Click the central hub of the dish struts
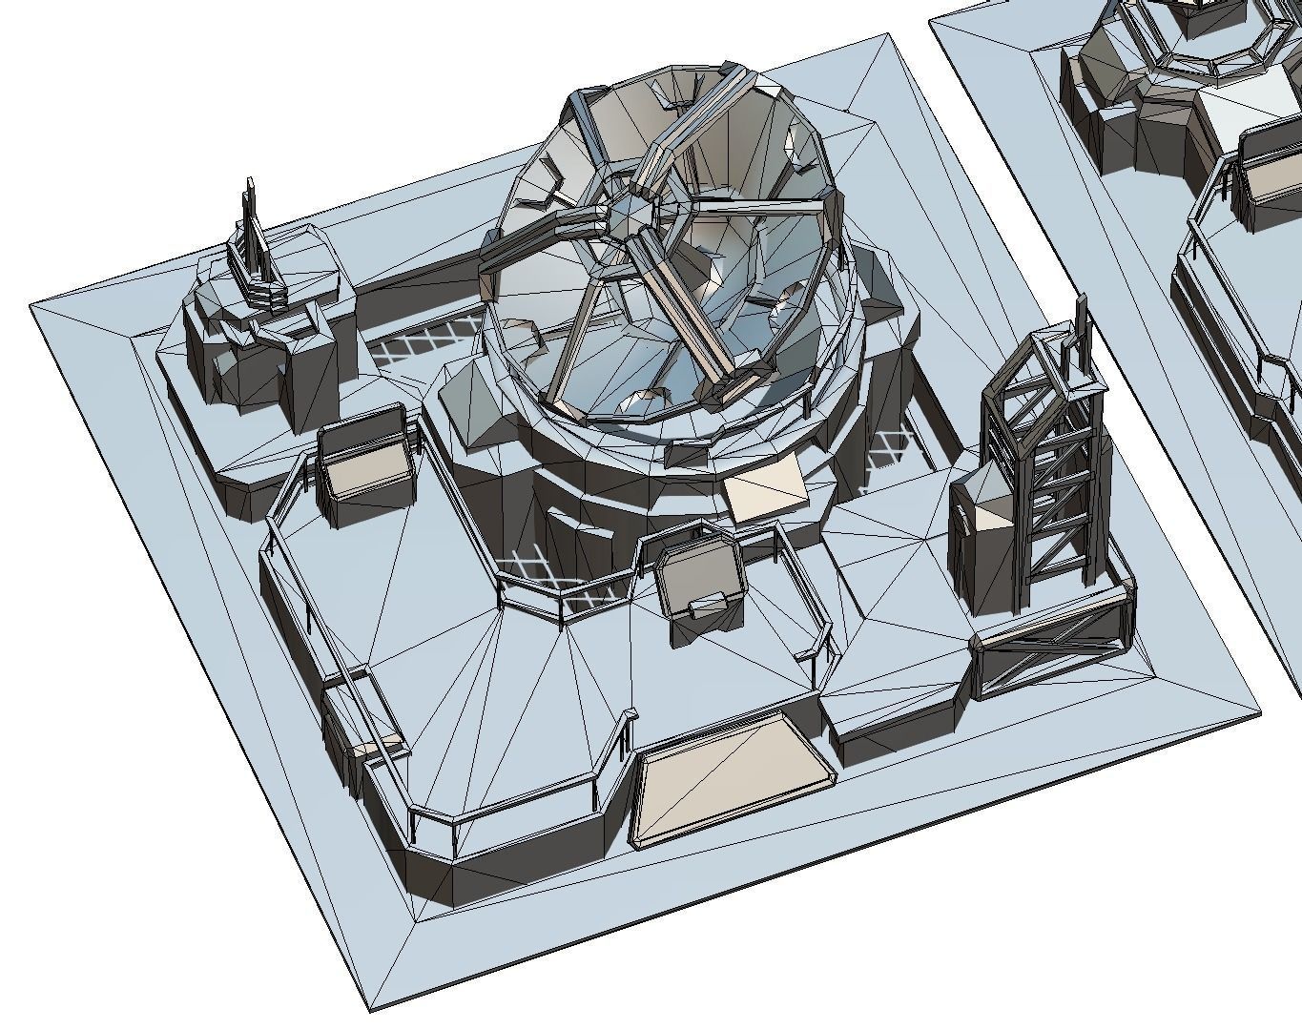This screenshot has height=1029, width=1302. click(x=630, y=216)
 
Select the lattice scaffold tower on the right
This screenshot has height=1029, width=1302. click(x=1044, y=467)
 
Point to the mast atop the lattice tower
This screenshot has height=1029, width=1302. click(x=1082, y=324)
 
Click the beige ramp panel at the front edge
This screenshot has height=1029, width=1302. click(x=730, y=777)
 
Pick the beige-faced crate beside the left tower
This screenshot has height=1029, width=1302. click(x=367, y=463)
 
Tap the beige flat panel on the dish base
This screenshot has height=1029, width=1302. click(x=763, y=486)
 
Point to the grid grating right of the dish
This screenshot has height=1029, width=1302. click(x=887, y=448)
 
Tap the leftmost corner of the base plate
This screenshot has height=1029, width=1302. click(x=32, y=305)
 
